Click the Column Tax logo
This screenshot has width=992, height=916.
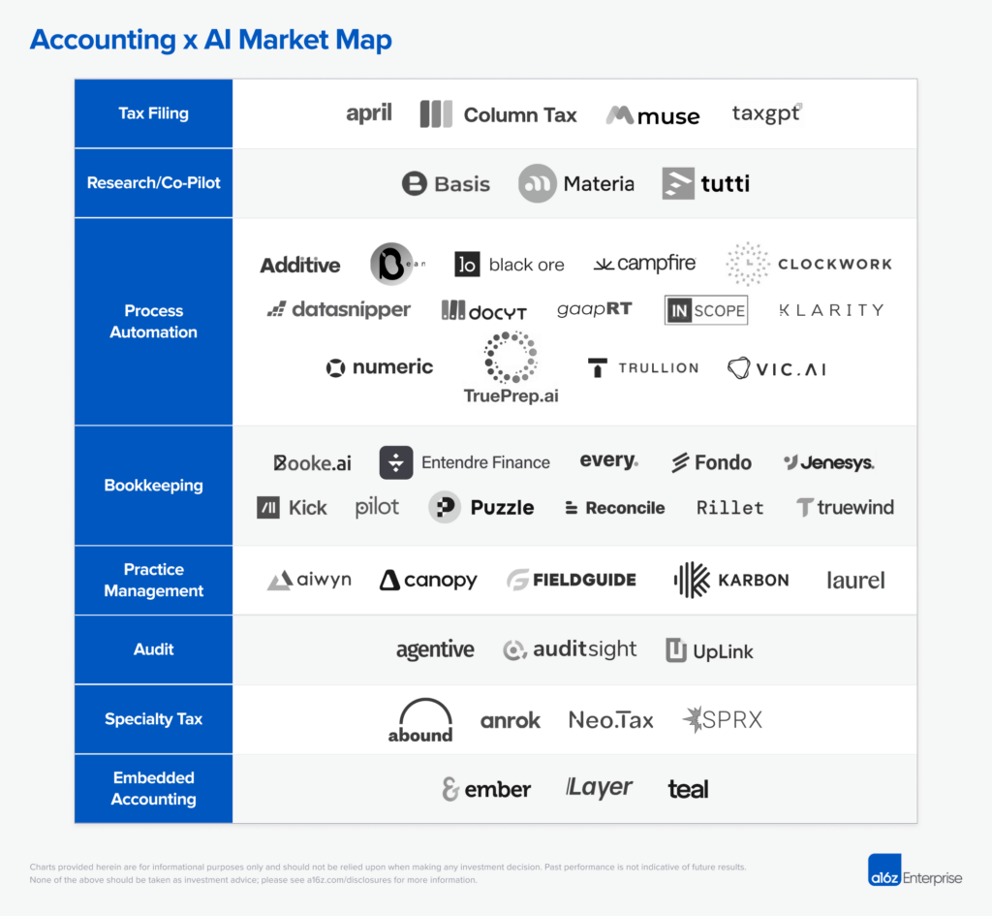pos(498,114)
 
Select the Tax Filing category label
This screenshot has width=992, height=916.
pos(153,113)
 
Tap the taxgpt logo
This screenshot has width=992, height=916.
pos(767,114)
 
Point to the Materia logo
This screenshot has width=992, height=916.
pos(576,183)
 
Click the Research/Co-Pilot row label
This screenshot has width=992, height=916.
pos(153,183)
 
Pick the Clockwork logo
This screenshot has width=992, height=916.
pos(809,264)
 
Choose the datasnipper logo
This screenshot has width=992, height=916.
pos(339,310)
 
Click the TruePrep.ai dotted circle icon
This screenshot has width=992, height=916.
pos(511,357)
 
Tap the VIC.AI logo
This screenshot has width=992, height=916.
pos(777,368)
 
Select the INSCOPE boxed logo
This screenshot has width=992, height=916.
pos(706,310)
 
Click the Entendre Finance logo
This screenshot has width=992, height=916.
pos(465,463)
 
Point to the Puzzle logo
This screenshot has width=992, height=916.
pos(481,507)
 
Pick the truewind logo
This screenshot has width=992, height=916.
pos(845,507)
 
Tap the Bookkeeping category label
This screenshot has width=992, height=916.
pos(153,486)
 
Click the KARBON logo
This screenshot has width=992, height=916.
pos(731,580)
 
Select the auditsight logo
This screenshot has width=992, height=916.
pos(571,649)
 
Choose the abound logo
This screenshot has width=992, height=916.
pos(420,720)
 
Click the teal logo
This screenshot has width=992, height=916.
pos(688,789)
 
